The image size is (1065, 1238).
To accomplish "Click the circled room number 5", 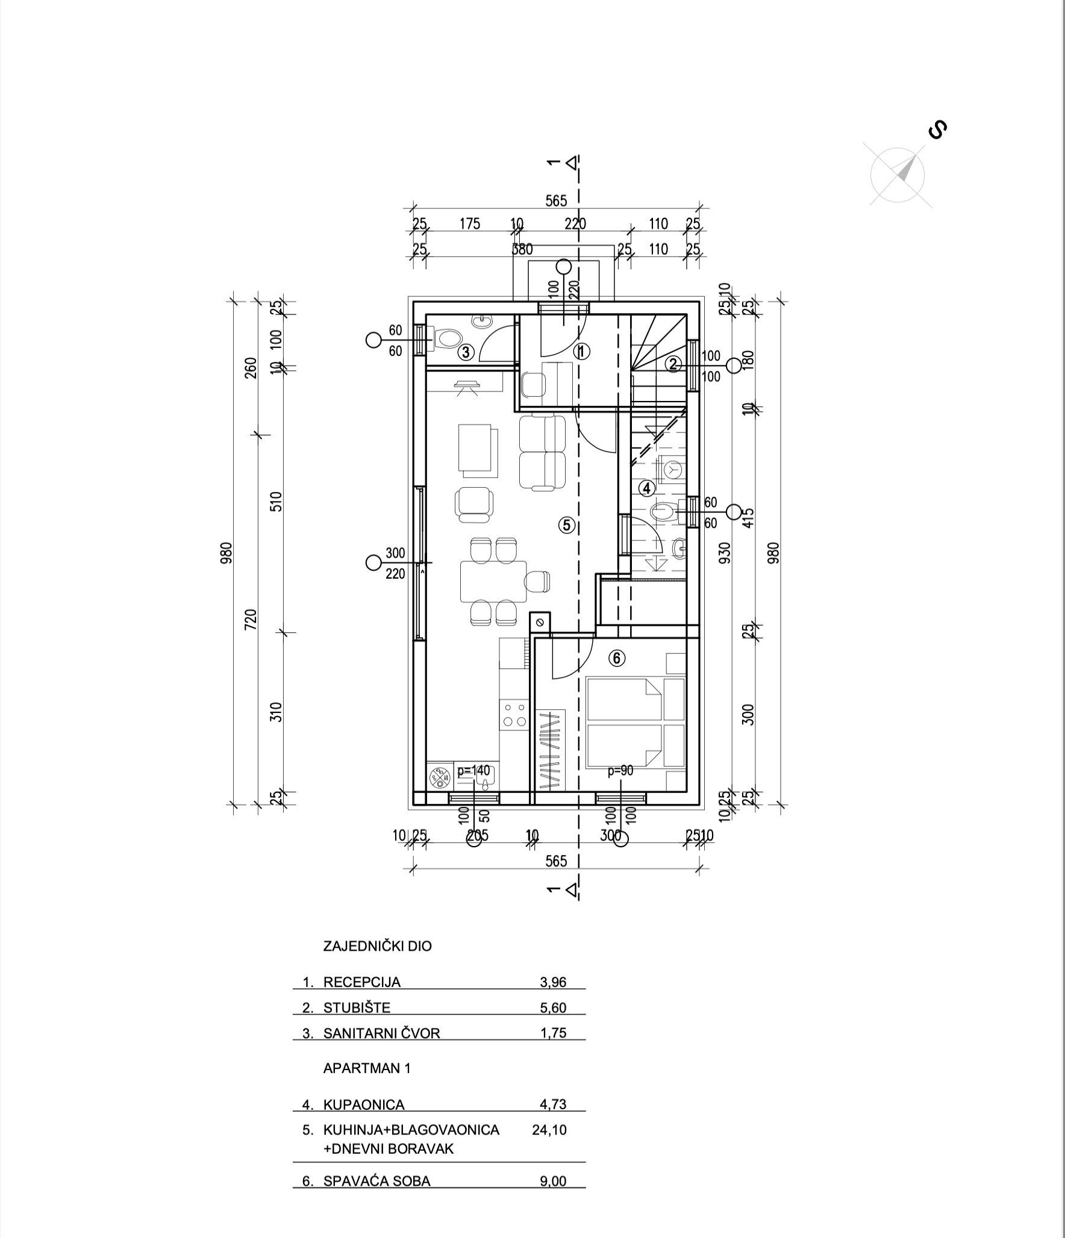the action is coord(566,525).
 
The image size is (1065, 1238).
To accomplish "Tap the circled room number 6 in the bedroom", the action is coord(616,659).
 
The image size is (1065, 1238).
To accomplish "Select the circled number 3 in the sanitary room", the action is coord(466,352).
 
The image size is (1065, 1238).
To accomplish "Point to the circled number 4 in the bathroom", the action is coord(646,488).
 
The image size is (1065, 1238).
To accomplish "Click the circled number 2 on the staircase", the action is coord(673,363).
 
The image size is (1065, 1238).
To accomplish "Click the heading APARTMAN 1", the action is coord(367,1068).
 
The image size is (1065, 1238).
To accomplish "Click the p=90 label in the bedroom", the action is coord(620,770).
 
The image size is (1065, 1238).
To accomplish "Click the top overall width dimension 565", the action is coord(556,201).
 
